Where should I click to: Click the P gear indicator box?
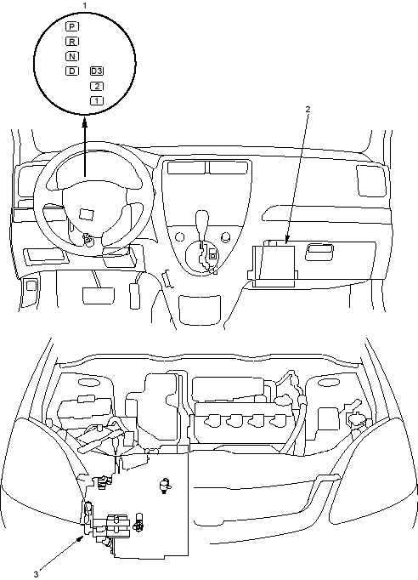tap(72, 26)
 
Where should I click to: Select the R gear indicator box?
tap(72, 42)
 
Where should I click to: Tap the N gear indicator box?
tap(72, 56)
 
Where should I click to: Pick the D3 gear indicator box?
tap(97, 71)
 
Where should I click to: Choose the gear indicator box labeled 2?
tap(97, 86)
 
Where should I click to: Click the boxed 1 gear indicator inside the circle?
tap(97, 100)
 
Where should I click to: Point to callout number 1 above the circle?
tap(85, 5)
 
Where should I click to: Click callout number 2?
tap(308, 109)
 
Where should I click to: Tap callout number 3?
tap(36, 574)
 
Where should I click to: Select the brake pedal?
tap(98, 296)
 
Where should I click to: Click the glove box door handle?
tap(319, 253)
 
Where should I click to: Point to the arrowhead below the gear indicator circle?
tap(85, 122)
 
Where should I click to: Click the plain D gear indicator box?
tap(72, 71)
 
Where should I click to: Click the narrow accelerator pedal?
tap(135, 296)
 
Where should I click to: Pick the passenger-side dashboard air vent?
tap(370, 180)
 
